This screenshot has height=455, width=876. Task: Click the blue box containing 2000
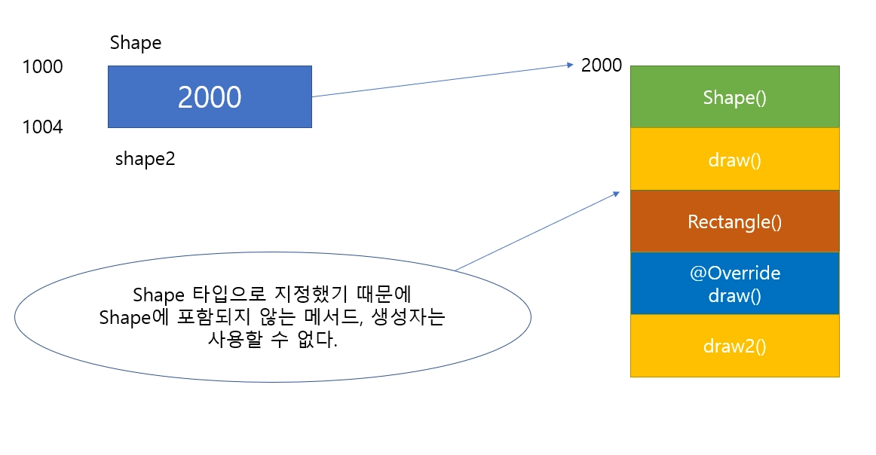tap(210, 97)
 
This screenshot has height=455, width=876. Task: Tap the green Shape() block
tap(734, 97)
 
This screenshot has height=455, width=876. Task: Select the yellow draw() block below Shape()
tap(734, 160)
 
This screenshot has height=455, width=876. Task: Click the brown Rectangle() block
tap(734, 221)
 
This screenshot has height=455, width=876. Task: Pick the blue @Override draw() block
tap(734, 283)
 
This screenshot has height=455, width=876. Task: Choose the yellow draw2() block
tap(734, 346)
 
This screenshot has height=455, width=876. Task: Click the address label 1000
tap(43, 67)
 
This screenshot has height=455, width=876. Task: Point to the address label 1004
tap(43, 127)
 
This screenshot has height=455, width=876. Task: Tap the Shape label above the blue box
tap(136, 43)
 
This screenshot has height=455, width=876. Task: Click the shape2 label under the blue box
tap(145, 159)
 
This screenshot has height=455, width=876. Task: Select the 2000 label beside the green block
tap(602, 66)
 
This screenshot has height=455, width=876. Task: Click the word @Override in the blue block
tap(734, 273)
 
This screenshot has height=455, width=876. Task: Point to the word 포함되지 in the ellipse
tap(207, 317)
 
